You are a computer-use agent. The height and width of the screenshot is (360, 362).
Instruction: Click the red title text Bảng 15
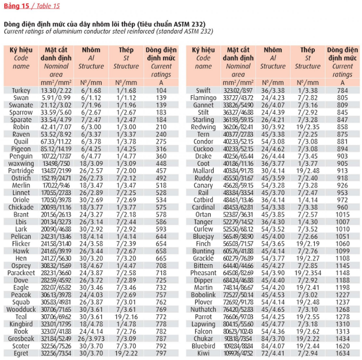tap(15, 6)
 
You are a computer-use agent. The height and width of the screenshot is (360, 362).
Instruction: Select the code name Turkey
tap(21, 91)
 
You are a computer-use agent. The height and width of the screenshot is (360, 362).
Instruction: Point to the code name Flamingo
tap(203, 98)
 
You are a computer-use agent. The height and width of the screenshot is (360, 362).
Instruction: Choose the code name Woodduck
tap(21, 309)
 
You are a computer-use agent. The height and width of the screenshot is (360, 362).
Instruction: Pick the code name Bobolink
tap(203, 295)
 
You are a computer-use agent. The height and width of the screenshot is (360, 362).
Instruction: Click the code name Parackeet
tap(21, 273)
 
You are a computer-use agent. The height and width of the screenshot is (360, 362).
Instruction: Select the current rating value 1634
tap(342, 353)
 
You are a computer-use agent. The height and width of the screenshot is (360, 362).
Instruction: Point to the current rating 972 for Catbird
tap(342, 200)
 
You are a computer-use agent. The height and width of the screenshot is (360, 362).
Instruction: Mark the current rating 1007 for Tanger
tap(342, 222)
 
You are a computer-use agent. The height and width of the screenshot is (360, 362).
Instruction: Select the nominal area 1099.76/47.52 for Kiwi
tap(238, 353)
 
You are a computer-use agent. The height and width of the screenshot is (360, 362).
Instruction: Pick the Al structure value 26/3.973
tap(91, 338)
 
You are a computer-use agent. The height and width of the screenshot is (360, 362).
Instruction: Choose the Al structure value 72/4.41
tap(272, 353)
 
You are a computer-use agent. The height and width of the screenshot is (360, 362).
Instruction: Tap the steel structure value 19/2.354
tap(308, 273)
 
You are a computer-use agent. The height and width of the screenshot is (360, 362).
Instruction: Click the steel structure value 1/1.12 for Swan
tap(126, 98)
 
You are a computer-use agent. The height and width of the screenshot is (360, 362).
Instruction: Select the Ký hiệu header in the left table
tap(21, 50)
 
